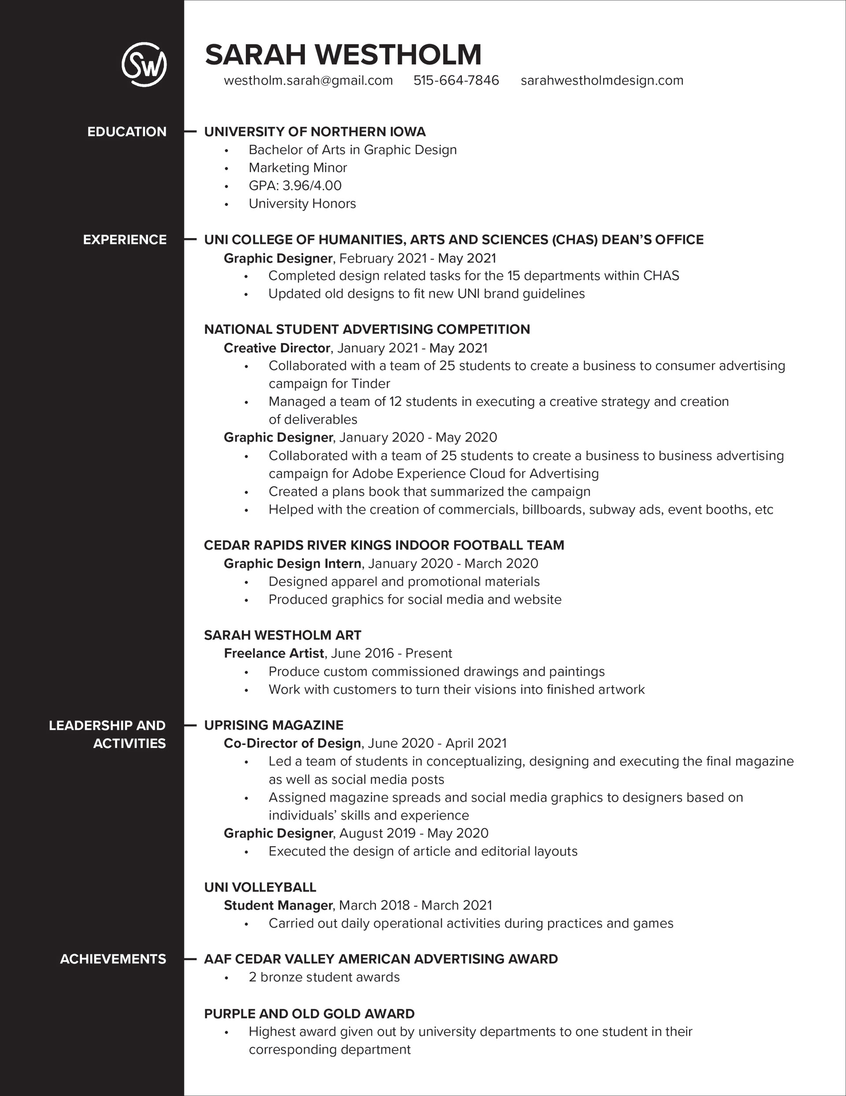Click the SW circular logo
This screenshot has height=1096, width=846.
point(144,64)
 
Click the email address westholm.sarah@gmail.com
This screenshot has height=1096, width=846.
point(308,81)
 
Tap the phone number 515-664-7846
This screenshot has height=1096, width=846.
point(456,81)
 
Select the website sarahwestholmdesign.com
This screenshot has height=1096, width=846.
point(602,81)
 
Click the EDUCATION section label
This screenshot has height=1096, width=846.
point(127,132)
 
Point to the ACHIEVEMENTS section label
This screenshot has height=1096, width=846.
point(113,959)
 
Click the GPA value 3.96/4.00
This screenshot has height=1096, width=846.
point(312,186)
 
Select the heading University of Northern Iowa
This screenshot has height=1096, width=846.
point(315,132)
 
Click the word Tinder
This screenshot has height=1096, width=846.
point(371,384)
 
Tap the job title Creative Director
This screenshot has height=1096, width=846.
point(277,348)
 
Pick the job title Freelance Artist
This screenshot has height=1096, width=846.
point(274,653)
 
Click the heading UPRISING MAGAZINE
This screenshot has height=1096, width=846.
point(273,725)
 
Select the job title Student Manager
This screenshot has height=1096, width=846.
point(278,905)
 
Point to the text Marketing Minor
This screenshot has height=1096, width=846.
point(298,168)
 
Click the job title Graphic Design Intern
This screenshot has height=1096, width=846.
point(293,564)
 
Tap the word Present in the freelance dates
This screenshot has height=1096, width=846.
point(428,653)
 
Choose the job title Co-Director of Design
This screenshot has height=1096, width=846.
point(292,743)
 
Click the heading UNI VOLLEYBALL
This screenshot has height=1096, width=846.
point(260,887)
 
